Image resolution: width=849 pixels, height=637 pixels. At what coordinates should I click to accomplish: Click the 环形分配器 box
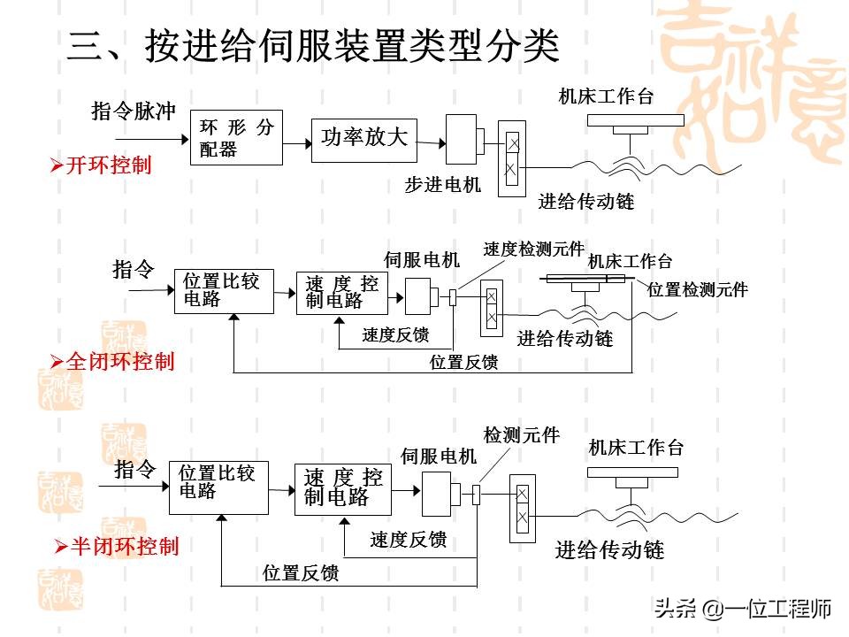tap(236, 138)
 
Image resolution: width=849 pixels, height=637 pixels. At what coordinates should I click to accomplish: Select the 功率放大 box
tap(363, 138)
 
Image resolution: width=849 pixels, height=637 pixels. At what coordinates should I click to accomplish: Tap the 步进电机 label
tap(442, 185)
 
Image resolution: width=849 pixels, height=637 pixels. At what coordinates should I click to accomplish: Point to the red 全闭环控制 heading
tap(119, 361)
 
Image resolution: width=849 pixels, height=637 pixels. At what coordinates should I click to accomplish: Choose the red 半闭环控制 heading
tap(123, 546)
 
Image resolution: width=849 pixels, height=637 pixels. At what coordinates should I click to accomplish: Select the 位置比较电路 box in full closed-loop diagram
tap(223, 290)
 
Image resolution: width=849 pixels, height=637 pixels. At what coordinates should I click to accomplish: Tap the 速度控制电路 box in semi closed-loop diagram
tap(343, 487)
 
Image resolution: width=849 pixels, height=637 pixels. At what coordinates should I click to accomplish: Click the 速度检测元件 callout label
tap(533, 249)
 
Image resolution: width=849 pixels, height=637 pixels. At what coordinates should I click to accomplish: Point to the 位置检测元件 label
tap(698, 289)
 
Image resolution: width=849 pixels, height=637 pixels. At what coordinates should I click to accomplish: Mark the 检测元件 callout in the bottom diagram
tap(521, 435)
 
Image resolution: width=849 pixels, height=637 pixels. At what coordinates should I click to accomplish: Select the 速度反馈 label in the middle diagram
tap(395, 335)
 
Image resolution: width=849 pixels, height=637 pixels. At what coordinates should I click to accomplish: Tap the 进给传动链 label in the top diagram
tap(586, 202)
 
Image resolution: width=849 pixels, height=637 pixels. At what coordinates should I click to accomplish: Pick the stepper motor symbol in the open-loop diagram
tap(464, 139)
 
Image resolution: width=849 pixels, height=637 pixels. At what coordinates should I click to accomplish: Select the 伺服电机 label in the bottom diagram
tap(438, 457)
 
